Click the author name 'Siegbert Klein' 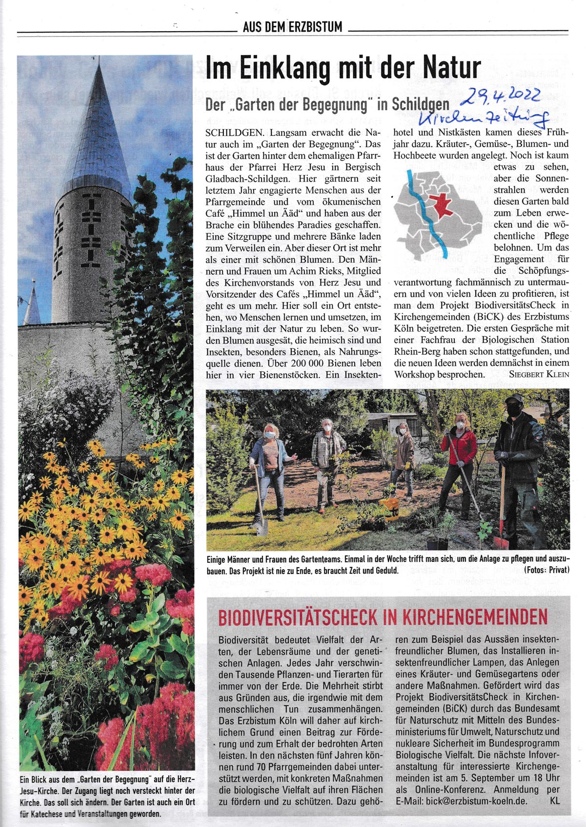pyautogui.click(x=539, y=374)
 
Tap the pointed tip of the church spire pyautogui.click(x=100, y=61)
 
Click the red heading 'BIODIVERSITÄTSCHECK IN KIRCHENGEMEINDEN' pyautogui.click(x=383, y=617)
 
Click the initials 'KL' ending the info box pyautogui.click(x=555, y=801)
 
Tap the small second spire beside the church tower pyautogui.click(x=33, y=302)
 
